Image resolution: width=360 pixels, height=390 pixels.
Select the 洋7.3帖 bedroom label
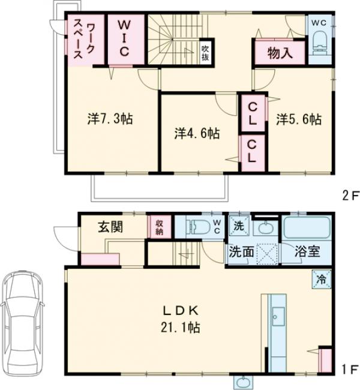click(x=110, y=119)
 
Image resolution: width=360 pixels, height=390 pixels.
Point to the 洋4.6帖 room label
click(x=197, y=133)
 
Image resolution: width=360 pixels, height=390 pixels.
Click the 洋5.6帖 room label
click(x=299, y=119)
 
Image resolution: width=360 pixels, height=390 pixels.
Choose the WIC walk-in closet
click(x=126, y=39)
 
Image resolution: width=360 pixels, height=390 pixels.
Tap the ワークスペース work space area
click(x=85, y=40)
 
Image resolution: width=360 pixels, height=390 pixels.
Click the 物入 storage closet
click(x=280, y=53)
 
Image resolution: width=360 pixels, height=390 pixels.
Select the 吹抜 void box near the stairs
click(x=205, y=53)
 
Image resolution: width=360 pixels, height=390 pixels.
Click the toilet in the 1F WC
click(x=197, y=227)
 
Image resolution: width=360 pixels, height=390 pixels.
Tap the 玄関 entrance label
click(x=110, y=227)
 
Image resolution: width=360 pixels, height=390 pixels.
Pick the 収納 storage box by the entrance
click(x=159, y=227)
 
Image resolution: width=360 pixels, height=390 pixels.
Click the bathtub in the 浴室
click(x=307, y=227)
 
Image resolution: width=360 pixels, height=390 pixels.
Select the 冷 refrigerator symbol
click(x=322, y=279)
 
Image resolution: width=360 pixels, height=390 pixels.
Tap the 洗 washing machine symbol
click(x=239, y=226)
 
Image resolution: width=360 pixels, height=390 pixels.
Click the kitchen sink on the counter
click(x=278, y=316)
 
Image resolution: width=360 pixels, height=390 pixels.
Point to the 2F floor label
click(x=350, y=197)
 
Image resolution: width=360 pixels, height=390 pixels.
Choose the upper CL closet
click(x=253, y=113)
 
